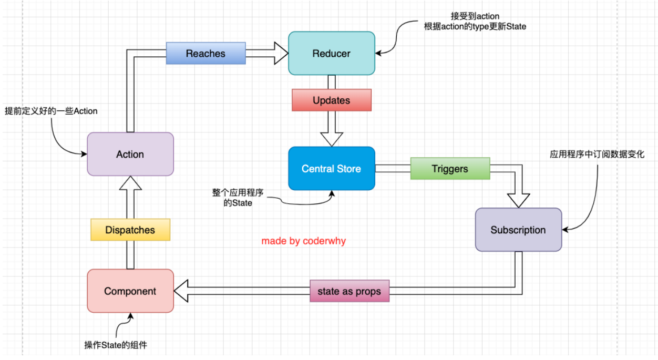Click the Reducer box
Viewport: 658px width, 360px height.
click(x=331, y=53)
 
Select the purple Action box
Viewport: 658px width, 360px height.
click(x=130, y=154)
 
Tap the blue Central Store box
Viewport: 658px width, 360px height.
click(x=331, y=169)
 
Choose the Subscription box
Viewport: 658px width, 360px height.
click(x=518, y=230)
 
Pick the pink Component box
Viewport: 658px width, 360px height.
click(x=130, y=291)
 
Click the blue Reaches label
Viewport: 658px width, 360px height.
click(x=205, y=54)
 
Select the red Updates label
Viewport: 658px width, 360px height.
click(x=331, y=100)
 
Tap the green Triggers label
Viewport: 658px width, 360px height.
click(x=450, y=169)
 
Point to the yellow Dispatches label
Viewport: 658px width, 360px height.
click(x=130, y=230)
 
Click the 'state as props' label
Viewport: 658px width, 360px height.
click(x=349, y=291)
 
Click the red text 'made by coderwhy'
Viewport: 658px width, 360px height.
click(x=304, y=241)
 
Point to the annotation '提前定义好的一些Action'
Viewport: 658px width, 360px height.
click(x=51, y=111)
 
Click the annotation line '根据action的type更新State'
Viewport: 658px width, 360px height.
click(x=475, y=26)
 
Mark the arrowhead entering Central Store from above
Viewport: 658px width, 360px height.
click(x=331, y=139)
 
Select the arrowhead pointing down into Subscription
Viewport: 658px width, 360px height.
click(x=518, y=200)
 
